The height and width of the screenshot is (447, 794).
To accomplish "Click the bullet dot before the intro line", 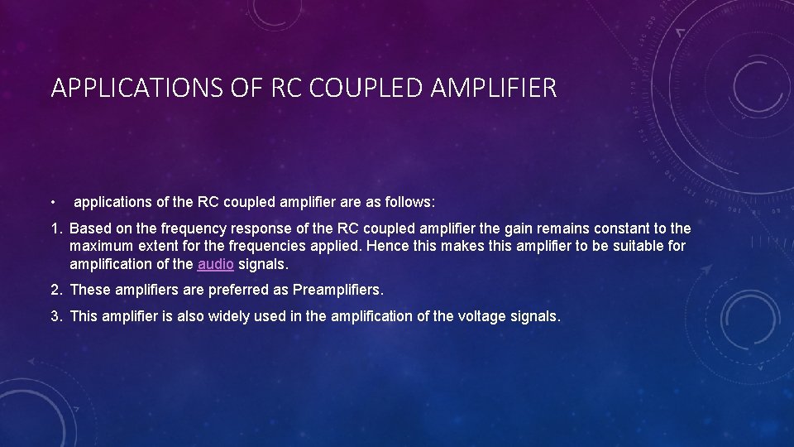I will (52, 203).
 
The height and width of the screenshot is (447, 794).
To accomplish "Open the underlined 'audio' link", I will (215, 264).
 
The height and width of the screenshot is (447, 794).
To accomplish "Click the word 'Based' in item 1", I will (90, 228).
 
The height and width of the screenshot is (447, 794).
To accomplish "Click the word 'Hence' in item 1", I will (385, 246).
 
